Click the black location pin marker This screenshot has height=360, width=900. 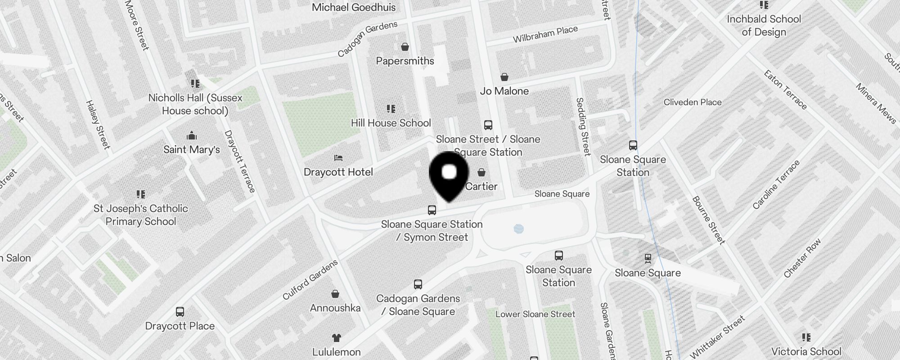(x=449, y=175)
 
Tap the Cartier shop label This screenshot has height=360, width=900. (x=481, y=186)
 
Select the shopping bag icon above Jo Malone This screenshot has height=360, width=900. (x=504, y=77)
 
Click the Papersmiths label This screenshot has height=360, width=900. (x=405, y=61)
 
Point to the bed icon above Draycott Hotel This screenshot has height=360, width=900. (x=338, y=158)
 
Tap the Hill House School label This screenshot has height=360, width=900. (x=391, y=123)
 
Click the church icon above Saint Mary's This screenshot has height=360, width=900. (x=192, y=135)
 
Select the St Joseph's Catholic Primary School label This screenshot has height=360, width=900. (x=140, y=215)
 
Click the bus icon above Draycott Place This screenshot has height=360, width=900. (x=180, y=312)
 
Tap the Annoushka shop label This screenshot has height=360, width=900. (x=335, y=308)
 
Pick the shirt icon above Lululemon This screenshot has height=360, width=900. (x=336, y=338)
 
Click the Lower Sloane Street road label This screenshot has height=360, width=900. (x=535, y=314)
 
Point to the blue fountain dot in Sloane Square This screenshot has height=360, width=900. (x=518, y=229)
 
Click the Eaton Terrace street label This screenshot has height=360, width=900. (x=785, y=90)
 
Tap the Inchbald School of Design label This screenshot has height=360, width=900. (x=764, y=25)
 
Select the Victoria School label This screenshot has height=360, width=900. (x=806, y=351)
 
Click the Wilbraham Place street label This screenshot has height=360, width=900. (x=545, y=34)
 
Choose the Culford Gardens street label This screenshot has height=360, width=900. (x=310, y=280)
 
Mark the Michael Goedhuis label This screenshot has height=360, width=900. (x=354, y=7)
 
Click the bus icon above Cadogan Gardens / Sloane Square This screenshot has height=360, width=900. (x=418, y=284)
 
